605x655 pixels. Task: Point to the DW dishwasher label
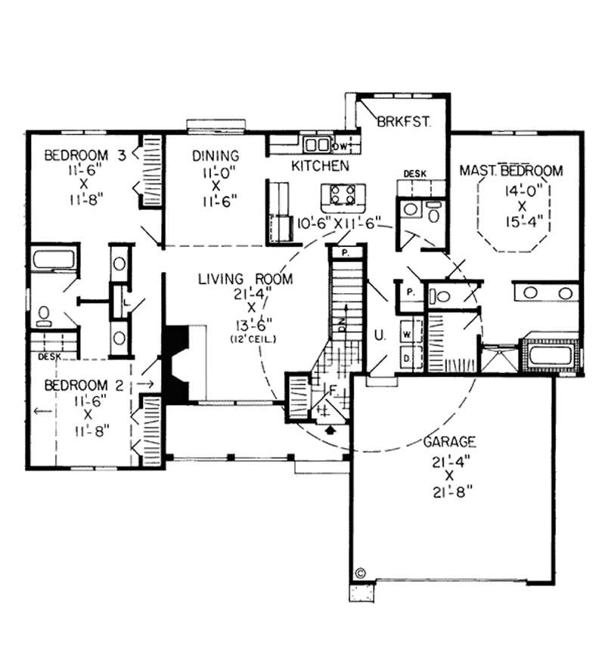coord(340,144)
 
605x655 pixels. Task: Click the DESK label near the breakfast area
coord(414,174)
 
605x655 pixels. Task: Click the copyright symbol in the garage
coord(360,572)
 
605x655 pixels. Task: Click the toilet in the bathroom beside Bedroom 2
coord(45,314)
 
